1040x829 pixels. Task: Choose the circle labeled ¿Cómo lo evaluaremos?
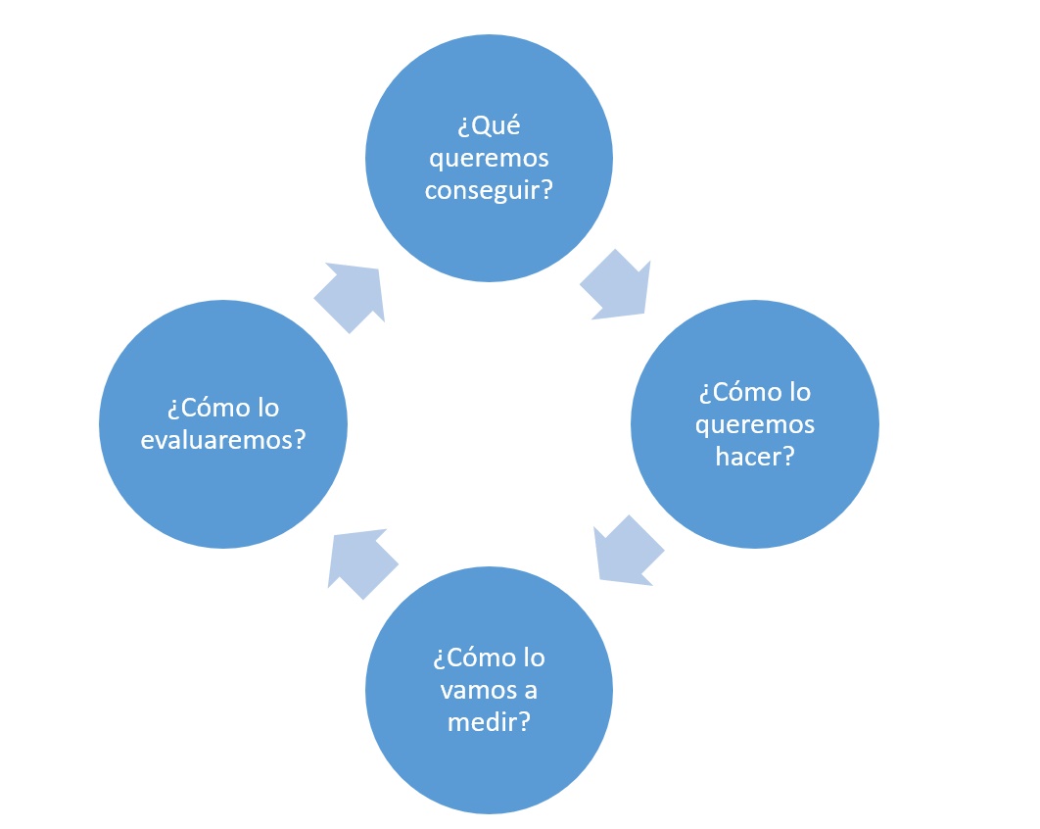pos(223,490)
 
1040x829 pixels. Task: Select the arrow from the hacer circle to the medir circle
pos(627,553)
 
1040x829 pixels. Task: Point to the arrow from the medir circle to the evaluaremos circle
pos(360,562)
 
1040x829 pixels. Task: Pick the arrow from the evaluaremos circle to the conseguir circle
pos(352,294)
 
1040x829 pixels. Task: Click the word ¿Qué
pos(489,126)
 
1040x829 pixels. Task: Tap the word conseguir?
pos(489,189)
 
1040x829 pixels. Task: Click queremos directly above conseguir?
pos(489,159)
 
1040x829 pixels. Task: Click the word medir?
pos(489,721)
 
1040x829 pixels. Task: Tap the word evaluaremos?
pos(223,440)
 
